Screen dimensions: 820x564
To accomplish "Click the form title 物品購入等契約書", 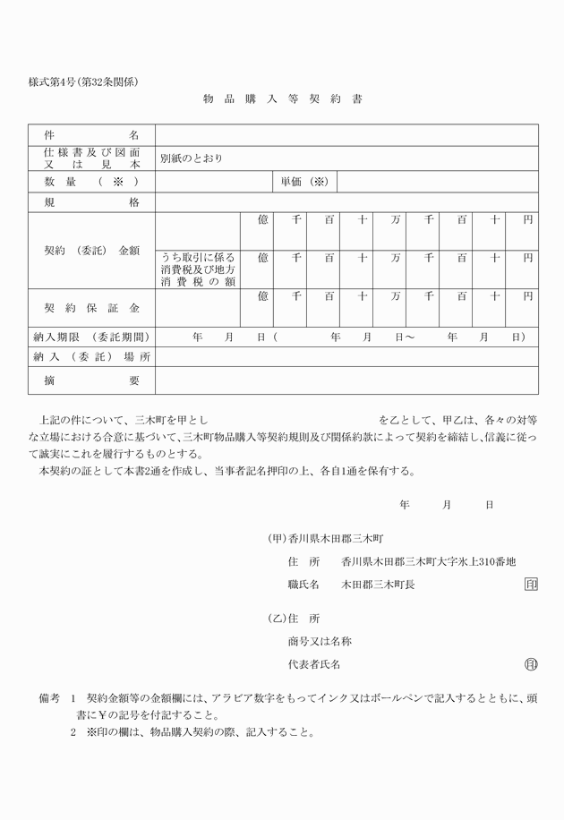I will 282,99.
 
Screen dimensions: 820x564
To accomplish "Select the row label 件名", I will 91,134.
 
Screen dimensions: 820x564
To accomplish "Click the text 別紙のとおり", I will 191,158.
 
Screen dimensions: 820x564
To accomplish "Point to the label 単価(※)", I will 304,181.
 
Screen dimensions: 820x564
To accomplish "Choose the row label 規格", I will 91,202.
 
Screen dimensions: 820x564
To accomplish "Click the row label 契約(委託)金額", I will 91,251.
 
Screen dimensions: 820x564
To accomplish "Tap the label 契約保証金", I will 91,308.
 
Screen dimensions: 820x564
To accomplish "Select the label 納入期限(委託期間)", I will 90,337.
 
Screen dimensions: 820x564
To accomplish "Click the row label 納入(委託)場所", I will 91,357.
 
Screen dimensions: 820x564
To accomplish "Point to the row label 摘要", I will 91,380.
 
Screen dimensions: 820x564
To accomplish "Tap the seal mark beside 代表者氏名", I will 531,664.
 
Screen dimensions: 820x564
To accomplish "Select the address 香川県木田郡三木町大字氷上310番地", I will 428,562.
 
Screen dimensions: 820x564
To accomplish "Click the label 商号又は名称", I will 319,641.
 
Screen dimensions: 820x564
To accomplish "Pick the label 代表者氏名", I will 313,664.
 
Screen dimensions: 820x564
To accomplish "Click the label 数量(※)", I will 91,181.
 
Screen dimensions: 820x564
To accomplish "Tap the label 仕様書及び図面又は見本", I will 91,158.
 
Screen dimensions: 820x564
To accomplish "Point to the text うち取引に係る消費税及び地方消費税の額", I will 198,269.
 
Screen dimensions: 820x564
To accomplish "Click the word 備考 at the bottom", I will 48,696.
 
